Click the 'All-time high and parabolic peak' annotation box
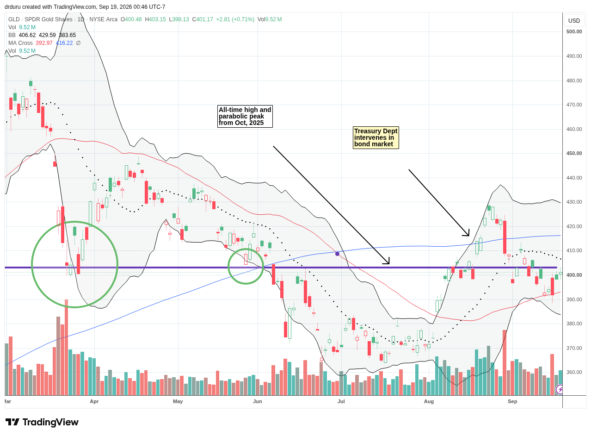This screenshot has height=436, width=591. click(245, 117)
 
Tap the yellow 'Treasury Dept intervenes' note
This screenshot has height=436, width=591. click(376, 138)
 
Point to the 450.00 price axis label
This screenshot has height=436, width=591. click(574, 153)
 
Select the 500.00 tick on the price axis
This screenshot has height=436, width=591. click(574, 31)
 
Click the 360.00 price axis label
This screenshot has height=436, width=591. click(574, 372)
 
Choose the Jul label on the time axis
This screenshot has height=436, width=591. click(341, 402)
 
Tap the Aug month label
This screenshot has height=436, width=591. click(429, 402)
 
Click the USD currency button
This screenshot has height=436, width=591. click(574, 21)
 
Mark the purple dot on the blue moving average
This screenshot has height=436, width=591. click(337, 254)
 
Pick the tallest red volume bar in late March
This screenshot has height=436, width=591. click(66, 348)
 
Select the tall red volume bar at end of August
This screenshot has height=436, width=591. click(505, 363)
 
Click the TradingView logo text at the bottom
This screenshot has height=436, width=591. click(50, 422)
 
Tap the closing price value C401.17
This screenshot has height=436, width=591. click(203, 19)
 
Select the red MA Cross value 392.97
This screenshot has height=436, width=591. click(44, 43)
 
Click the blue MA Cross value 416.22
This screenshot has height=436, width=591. click(64, 43)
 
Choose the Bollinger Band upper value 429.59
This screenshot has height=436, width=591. click(47, 35)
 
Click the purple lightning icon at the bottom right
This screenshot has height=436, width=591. click(560, 390)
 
